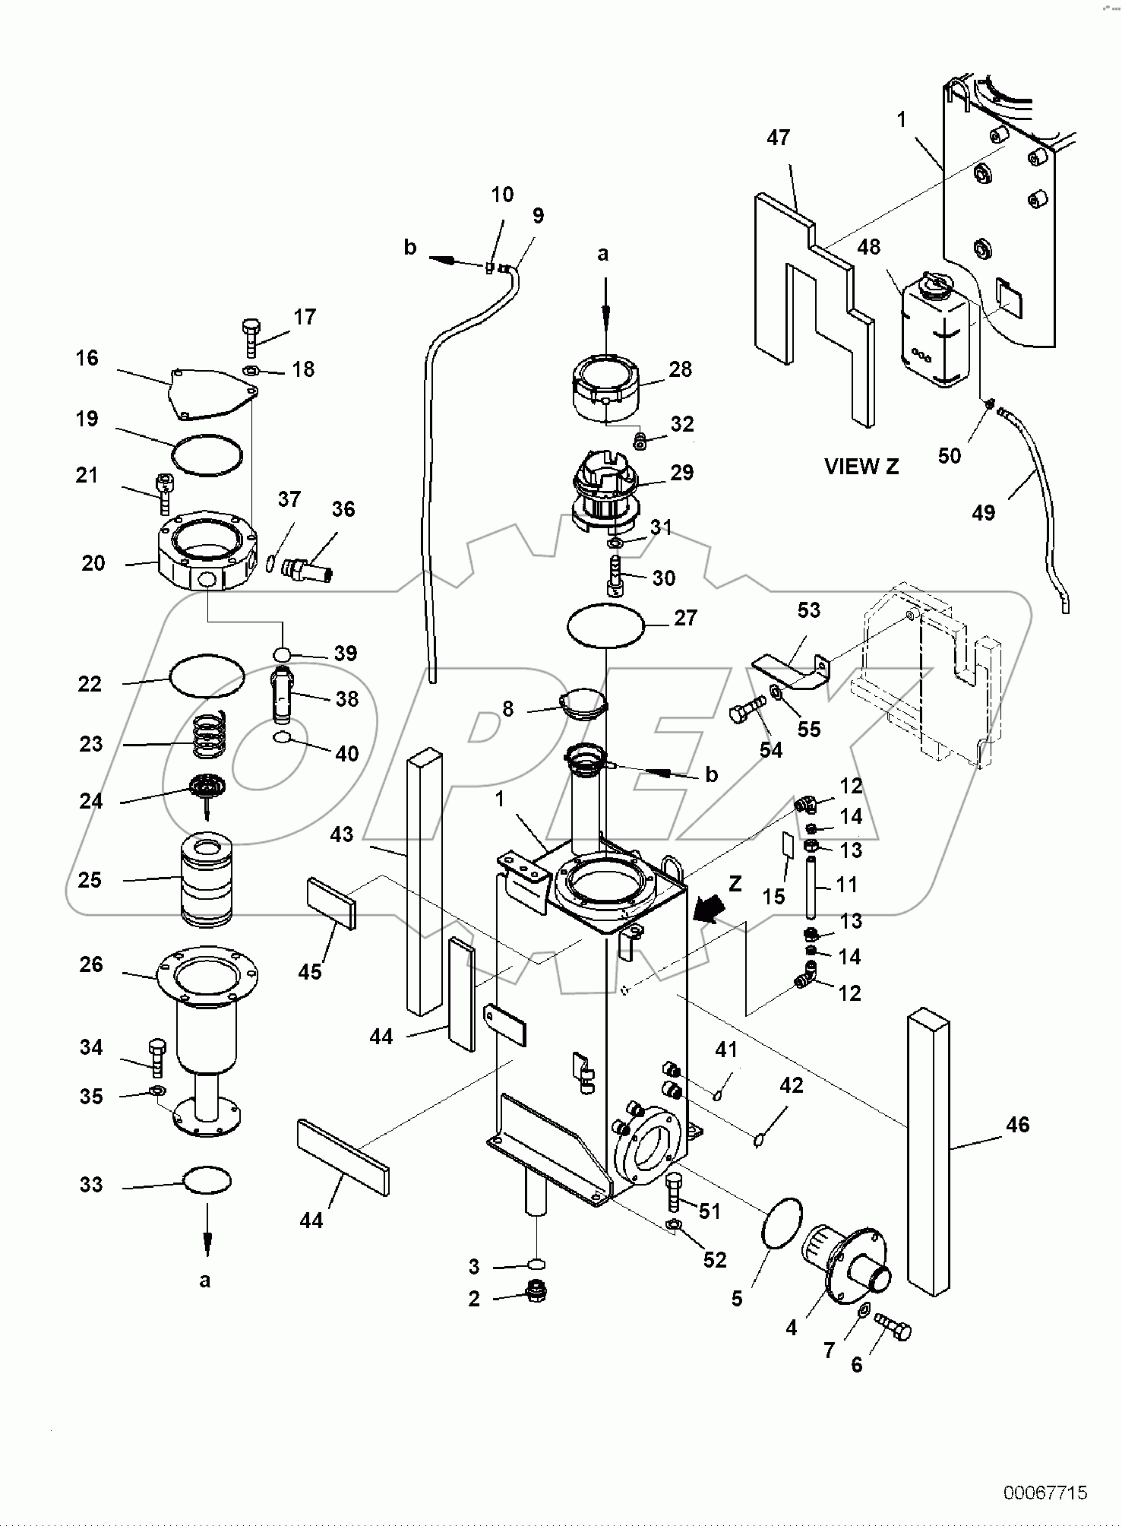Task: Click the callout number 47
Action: (x=778, y=138)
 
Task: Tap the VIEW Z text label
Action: (x=861, y=467)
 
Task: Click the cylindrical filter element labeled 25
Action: (x=207, y=882)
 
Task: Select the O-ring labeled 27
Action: (x=606, y=625)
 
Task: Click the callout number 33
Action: (x=91, y=1185)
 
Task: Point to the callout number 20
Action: (x=93, y=563)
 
